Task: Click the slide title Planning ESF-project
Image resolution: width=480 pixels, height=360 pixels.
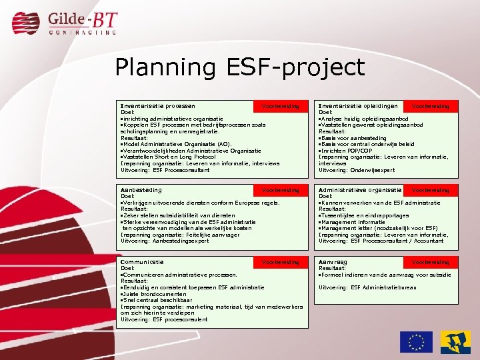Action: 239,67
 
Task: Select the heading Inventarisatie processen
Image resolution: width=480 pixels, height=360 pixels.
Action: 157,105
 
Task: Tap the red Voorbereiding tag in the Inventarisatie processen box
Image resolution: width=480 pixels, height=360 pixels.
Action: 281,106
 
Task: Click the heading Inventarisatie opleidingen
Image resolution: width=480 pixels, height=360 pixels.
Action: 359,105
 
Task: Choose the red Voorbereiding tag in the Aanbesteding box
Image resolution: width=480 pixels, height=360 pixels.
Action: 281,191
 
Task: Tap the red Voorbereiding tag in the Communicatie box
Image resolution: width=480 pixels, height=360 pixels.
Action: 281,263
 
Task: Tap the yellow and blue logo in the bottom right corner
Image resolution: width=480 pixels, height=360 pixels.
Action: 455,341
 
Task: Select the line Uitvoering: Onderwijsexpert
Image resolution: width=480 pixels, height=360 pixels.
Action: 357,170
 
